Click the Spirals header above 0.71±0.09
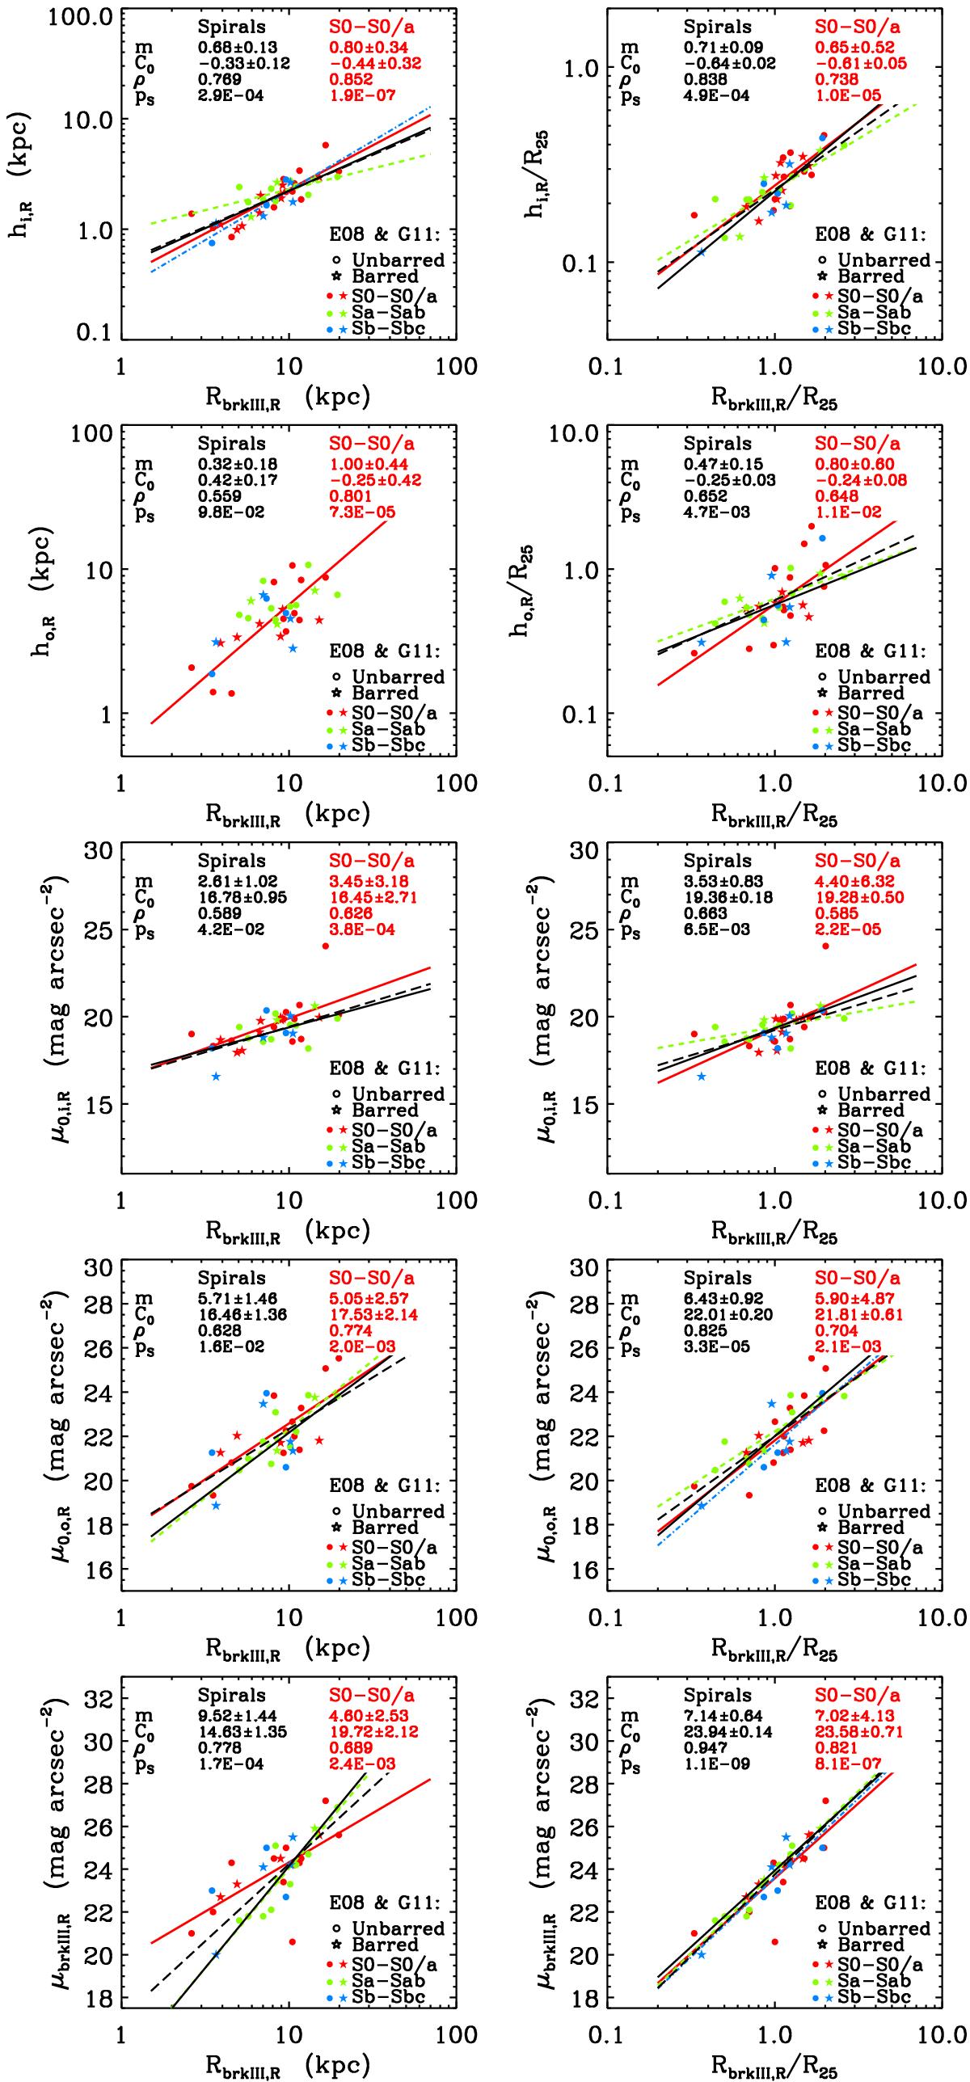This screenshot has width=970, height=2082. [717, 27]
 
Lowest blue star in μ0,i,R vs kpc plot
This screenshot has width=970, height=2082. [216, 1077]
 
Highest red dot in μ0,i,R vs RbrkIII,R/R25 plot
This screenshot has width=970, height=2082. [825, 946]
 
